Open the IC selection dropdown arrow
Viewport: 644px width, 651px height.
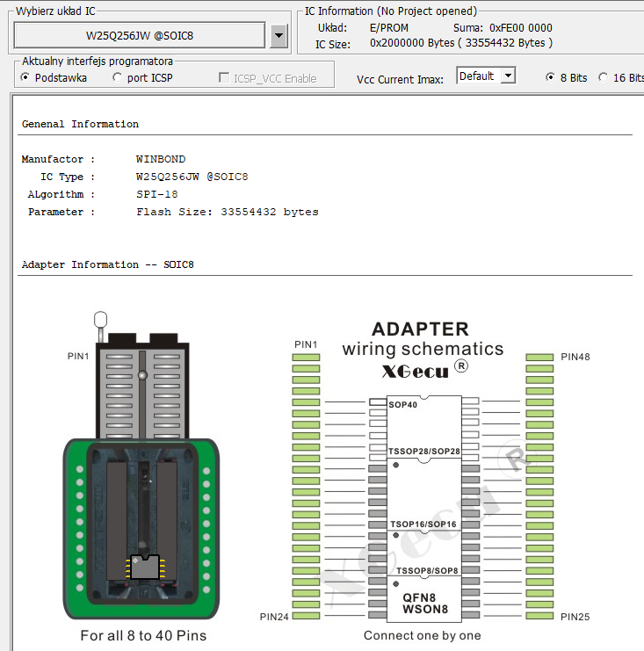(279, 36)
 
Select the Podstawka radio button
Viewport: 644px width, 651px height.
(25, 77)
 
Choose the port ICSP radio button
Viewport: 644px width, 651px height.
(118, 77)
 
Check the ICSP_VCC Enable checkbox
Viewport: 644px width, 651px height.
(224, 77)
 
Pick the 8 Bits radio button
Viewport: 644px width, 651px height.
(550, 77)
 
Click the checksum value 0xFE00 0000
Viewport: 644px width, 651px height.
(521, 28)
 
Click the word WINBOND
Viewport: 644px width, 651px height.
(161, 159)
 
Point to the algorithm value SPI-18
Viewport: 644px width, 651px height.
(157, 194)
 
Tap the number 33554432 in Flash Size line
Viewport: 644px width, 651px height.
(249, 212)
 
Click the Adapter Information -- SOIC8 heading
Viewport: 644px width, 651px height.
(108, 264)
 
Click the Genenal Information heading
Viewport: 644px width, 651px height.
(80, 124)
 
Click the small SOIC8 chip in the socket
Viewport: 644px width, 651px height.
(145, 567)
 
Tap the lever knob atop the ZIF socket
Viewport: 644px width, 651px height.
(100, 320)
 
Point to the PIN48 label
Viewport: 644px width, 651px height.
(575, 357)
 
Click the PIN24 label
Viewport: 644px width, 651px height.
(274, 617)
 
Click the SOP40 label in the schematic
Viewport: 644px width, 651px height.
(402, 405)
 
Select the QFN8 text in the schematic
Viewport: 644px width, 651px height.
(419, 597)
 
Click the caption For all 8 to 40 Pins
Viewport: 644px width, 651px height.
(143, 636)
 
